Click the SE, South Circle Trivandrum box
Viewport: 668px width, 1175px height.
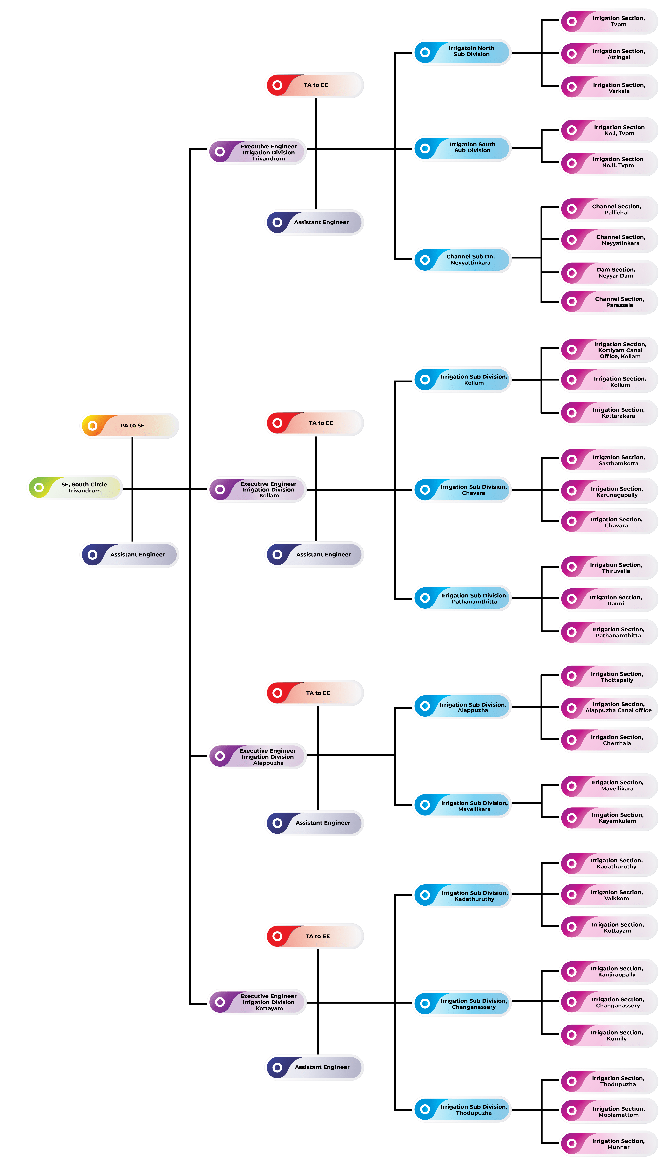click(x=75, y=487)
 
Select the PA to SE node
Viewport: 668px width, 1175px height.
click(x=130, y=425)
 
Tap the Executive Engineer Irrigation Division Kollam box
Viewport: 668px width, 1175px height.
click(x=257, y=489)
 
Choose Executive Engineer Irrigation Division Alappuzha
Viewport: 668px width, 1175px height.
click(x=257, y=756)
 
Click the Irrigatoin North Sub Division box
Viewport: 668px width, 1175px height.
click(x=462, y=52)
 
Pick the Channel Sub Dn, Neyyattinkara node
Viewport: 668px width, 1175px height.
click(x=462, y=260)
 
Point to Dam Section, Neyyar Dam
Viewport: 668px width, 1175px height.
click(x=609, y=273)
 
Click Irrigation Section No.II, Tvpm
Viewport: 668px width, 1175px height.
click(x=609, y=163)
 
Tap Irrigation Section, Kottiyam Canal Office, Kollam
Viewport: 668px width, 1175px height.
click(x=609, y=350)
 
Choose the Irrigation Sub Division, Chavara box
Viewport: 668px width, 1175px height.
click(x=462, y=490)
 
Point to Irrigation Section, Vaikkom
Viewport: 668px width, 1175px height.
click(x=609, y=894)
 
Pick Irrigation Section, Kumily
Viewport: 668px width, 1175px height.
click(x=609, y=1035)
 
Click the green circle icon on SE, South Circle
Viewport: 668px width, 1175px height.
click(x=39, y=487)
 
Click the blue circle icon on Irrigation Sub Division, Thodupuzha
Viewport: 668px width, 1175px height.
click(x=425, y=1109)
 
